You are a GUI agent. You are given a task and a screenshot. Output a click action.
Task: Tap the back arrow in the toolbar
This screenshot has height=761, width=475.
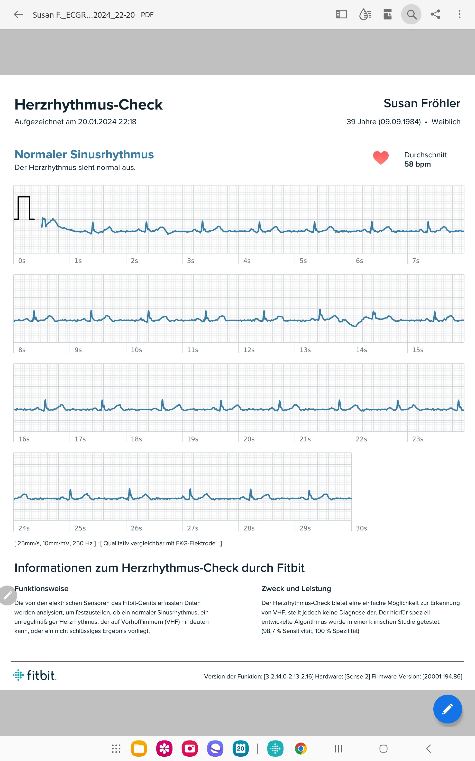click(x=19, y=14)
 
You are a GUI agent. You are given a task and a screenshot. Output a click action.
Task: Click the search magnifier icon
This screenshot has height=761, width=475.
click(x=411, y=14)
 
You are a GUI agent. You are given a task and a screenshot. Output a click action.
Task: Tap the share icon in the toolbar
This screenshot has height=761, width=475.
click(x=435, y=14)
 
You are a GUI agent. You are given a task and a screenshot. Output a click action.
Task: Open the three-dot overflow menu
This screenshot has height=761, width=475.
click(x=459, y=14)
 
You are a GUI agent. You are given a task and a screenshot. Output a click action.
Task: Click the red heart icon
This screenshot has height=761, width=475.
click(x=380, y=157)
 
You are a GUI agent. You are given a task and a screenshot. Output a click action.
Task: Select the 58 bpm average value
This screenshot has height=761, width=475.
click(x=417, y=164)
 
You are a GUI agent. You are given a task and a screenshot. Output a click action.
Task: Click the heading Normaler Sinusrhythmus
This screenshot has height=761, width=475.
click(x=84, y=155)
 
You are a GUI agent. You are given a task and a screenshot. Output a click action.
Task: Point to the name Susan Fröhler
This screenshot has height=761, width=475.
click(x=422, y=103)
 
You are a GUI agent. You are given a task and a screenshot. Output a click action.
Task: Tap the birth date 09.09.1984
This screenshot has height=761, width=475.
click(x=399, y=122)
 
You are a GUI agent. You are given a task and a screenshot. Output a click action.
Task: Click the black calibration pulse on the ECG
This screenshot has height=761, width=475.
click(x=24, y=208)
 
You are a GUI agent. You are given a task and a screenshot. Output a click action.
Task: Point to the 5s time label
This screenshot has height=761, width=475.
click(x=303, y=261)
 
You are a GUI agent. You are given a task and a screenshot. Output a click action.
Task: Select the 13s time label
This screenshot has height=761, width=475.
click(x=305, y=350)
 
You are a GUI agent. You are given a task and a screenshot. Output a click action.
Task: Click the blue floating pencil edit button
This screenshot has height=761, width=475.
click(x=447, y=709)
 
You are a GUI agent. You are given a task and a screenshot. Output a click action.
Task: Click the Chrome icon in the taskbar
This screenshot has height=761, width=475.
click(x=301, y=749)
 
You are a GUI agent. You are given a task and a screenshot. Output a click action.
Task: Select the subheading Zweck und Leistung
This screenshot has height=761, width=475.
click(x=296, y=589)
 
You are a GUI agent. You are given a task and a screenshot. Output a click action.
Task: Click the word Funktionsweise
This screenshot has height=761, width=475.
click(x=41, y=589)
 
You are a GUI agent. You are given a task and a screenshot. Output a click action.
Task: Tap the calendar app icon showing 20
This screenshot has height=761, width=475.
click(x=241, y=749)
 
